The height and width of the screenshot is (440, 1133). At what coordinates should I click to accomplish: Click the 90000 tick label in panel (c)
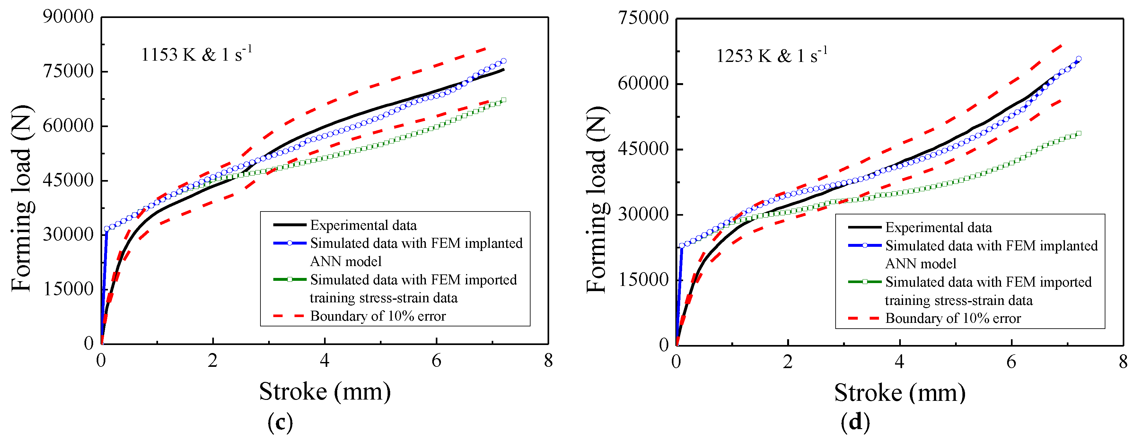click(68, 17)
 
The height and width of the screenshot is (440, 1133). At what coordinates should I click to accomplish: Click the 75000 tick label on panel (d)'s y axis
click(643, 19)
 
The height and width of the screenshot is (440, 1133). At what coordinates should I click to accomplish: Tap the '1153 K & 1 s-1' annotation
click(196, 55)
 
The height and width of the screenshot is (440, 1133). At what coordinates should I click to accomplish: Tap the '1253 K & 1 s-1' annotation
click(771, 56)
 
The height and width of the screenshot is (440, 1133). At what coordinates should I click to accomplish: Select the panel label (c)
click(280, 422)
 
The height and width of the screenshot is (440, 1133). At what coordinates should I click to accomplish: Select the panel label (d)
click(855, 422)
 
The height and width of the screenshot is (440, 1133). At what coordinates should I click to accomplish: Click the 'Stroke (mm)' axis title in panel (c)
click(325, 391)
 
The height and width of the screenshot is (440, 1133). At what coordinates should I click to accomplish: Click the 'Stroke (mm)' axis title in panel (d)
click(900, 393)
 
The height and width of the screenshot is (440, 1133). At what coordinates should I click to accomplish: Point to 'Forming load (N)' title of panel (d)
click(597, 199)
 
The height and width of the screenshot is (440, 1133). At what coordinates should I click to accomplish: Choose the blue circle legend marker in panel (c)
click(289, 243)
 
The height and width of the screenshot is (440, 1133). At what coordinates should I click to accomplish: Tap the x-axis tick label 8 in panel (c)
click(548, 361)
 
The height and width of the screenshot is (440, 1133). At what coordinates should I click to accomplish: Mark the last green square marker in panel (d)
click(1078, 133)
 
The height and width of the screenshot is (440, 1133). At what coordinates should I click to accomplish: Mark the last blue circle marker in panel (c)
click(504, 61)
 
